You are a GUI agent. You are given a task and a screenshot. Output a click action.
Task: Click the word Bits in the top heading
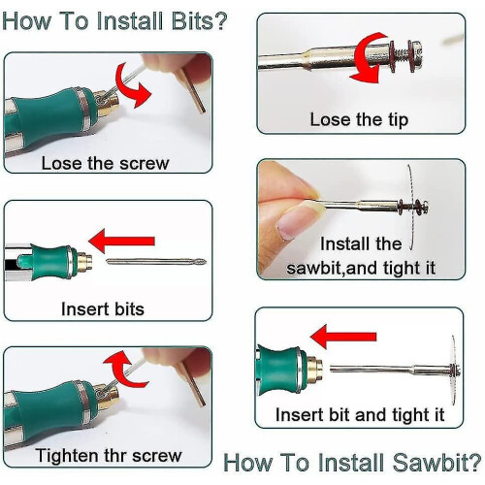click(195, 21)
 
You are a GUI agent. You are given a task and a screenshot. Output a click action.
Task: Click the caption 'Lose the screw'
click(106, 163)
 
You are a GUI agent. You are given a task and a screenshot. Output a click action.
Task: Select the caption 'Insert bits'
click(103, 308)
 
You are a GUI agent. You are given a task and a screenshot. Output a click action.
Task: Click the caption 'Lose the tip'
click(359, 120)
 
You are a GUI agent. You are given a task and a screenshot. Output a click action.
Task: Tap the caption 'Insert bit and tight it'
click(360, 414)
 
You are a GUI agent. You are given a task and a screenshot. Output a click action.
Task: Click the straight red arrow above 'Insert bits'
click(121, 241)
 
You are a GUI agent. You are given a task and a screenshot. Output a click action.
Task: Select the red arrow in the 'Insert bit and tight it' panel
click(343, 337)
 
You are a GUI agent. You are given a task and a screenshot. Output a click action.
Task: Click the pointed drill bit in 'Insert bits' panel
click(156, 262)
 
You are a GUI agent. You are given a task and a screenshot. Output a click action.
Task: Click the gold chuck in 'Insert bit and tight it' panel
click(314, 370)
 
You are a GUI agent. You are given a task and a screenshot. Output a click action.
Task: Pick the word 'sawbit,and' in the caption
click(333, 268)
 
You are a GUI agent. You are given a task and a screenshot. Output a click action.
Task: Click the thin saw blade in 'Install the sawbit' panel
click(411, 207)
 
